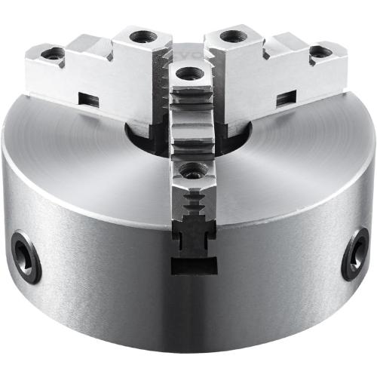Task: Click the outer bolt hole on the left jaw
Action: pos(54,53)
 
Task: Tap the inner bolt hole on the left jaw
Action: pos(139,36)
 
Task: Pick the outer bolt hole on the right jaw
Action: pos(320,52)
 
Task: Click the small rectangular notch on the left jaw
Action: pos(89,98)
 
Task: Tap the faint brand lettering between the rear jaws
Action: pos(188,57)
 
